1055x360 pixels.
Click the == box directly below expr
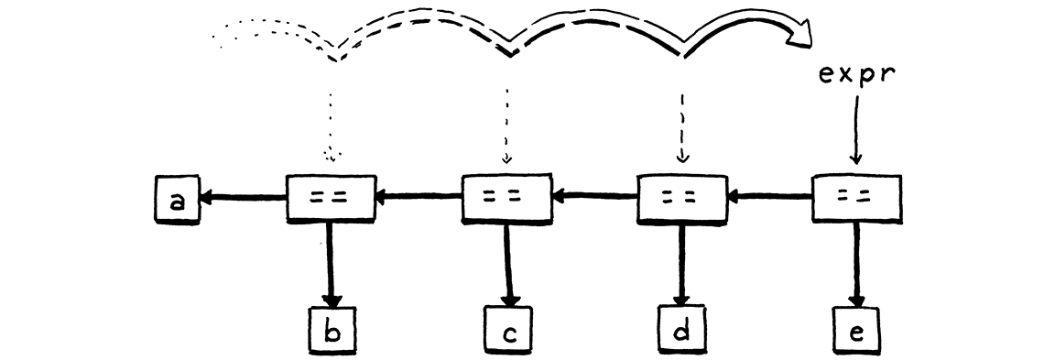[857, 196]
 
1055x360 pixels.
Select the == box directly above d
[681, 196]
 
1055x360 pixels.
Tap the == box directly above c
[506, 196]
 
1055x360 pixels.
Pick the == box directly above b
[332, 196]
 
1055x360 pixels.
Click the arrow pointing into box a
[243, 195]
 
